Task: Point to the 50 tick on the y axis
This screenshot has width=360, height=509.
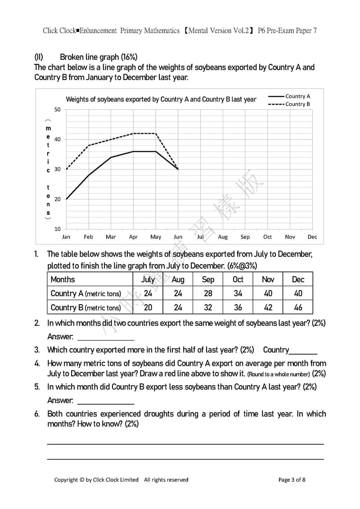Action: click(58, 109)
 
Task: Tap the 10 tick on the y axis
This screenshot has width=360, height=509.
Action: click(58, 229)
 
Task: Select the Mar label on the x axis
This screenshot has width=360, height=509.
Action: click(111, 237)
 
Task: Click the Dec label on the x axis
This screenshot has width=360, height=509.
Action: click(312, 237)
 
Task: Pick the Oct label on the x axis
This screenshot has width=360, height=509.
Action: click(268, 237)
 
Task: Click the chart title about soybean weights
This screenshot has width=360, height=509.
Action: click(161, 99)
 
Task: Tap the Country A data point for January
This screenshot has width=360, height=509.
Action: click(66, 199)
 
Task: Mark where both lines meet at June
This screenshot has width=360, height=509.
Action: click(178, 169)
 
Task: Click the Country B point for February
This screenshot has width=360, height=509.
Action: click(89, 145)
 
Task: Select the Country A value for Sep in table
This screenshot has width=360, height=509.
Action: click(208, 293)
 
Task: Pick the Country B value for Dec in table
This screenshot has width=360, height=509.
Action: click(298, 308)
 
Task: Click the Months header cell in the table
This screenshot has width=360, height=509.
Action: click(63, 279)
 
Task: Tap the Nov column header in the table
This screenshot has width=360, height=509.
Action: click(268, 279)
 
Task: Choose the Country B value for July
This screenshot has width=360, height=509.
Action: click(148, 308)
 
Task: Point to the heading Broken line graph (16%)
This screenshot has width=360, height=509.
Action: click(99, 57)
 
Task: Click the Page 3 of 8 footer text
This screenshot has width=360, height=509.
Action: click(292, 480)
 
